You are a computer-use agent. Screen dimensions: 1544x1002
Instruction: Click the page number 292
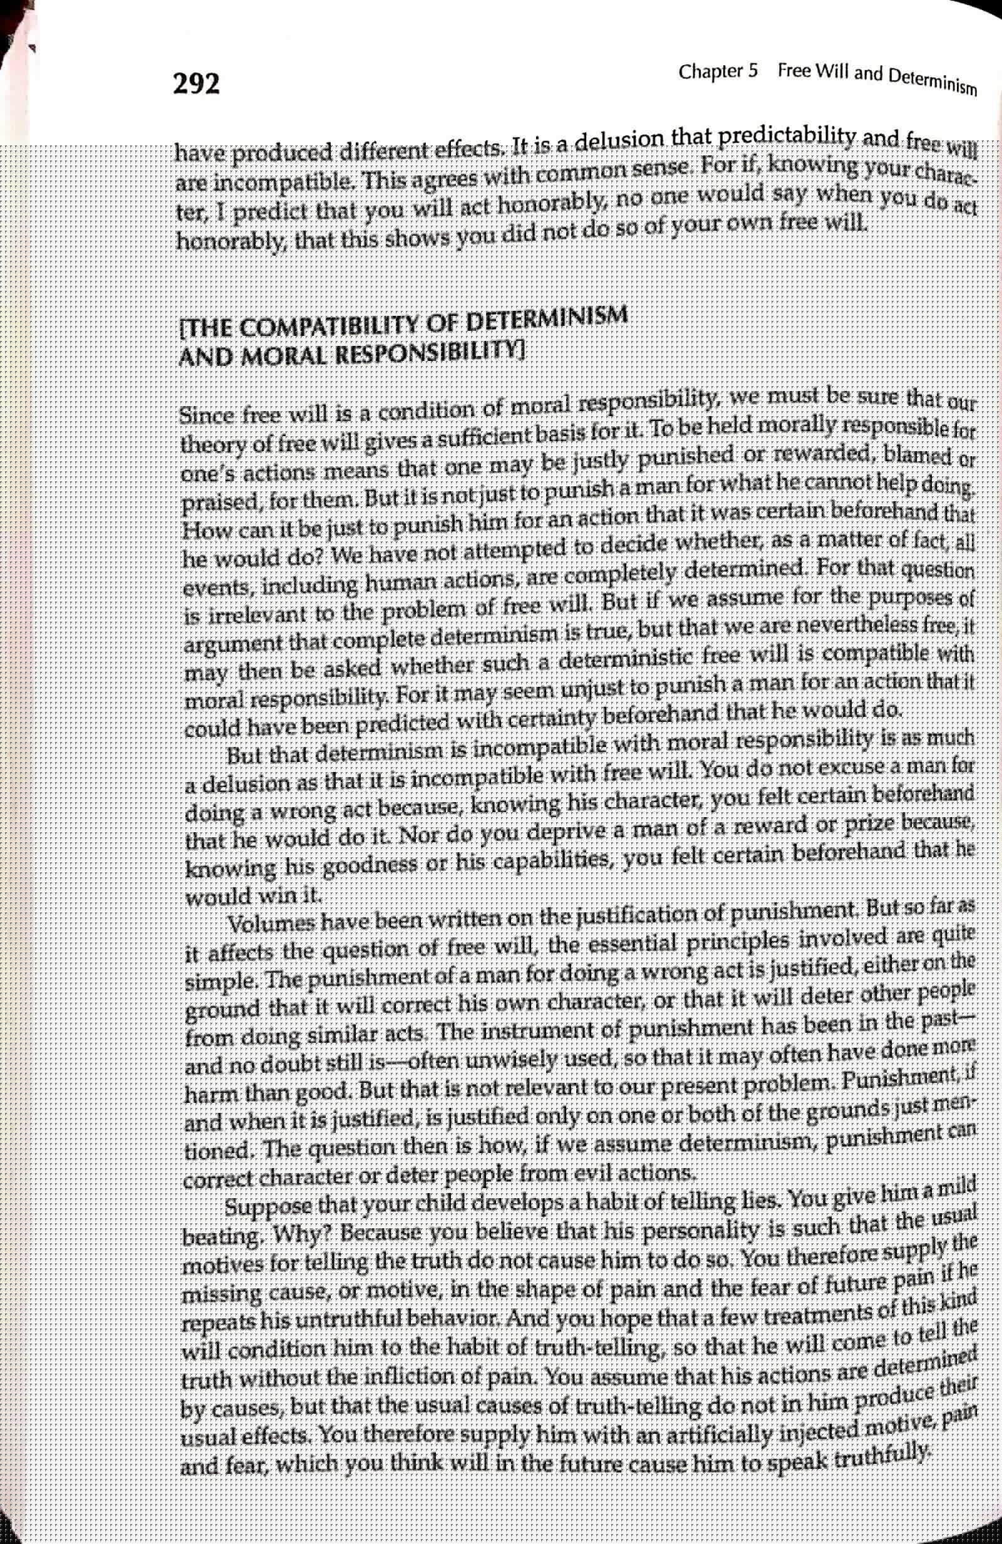196,85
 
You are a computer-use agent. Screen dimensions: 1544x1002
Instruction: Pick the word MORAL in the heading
266,355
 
